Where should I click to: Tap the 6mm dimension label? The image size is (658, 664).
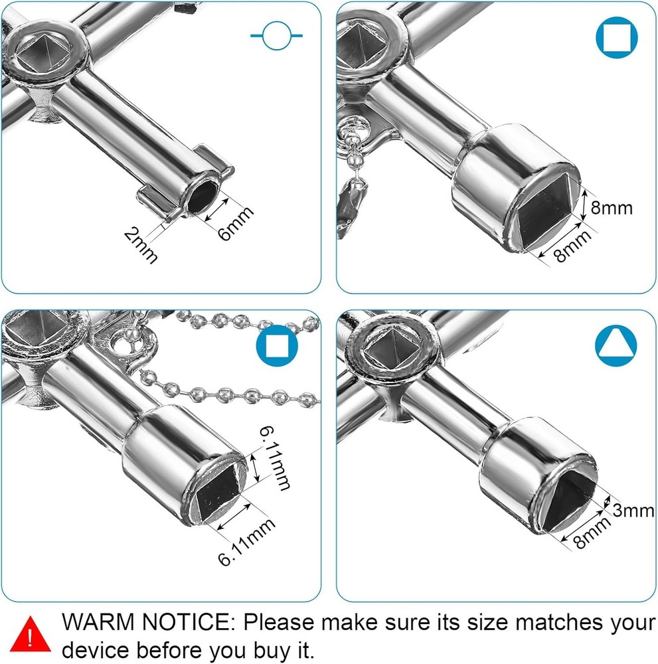(236, 223)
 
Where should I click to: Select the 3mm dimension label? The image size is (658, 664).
(633, 511)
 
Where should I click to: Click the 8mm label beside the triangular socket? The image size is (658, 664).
(592, 531)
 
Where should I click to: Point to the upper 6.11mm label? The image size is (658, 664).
(274, 458)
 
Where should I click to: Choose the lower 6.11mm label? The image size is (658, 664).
(246, 542)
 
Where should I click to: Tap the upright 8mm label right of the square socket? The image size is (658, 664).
(612, 208)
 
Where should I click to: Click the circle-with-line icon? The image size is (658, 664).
(276, 36)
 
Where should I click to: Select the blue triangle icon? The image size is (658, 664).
(616, 346)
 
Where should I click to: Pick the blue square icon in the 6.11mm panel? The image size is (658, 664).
(277, 346)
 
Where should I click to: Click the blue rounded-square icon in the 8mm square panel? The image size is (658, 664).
(617, 38)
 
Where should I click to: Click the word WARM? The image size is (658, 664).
(98, 622)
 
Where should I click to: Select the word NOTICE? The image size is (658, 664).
(189, 622)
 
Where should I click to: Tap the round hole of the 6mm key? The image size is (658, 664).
(203, 197)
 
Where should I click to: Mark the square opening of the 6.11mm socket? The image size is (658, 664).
(217, 491)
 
